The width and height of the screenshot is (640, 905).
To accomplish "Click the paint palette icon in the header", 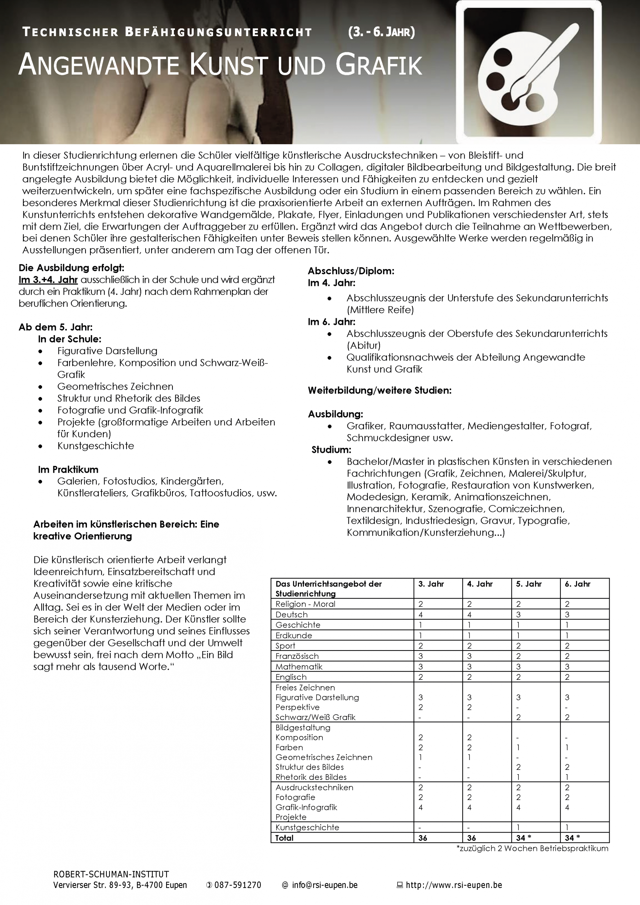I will tap(528, 72).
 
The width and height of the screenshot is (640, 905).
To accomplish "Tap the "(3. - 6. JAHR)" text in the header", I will tap(381, 32).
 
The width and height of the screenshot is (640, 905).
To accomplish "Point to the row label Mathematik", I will tap(299, 666).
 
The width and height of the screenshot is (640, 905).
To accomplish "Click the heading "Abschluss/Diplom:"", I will tap(351, 271).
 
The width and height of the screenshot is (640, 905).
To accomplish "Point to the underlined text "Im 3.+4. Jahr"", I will tap(48, 280).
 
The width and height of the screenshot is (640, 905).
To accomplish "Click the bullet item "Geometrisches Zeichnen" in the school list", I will tap(115, 386).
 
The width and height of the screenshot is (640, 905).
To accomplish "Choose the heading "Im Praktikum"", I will tap(68, 469).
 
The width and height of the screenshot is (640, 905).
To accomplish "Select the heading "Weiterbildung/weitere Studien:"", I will tap(380, 391).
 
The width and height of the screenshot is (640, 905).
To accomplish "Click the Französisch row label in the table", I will tap(297, 656).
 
